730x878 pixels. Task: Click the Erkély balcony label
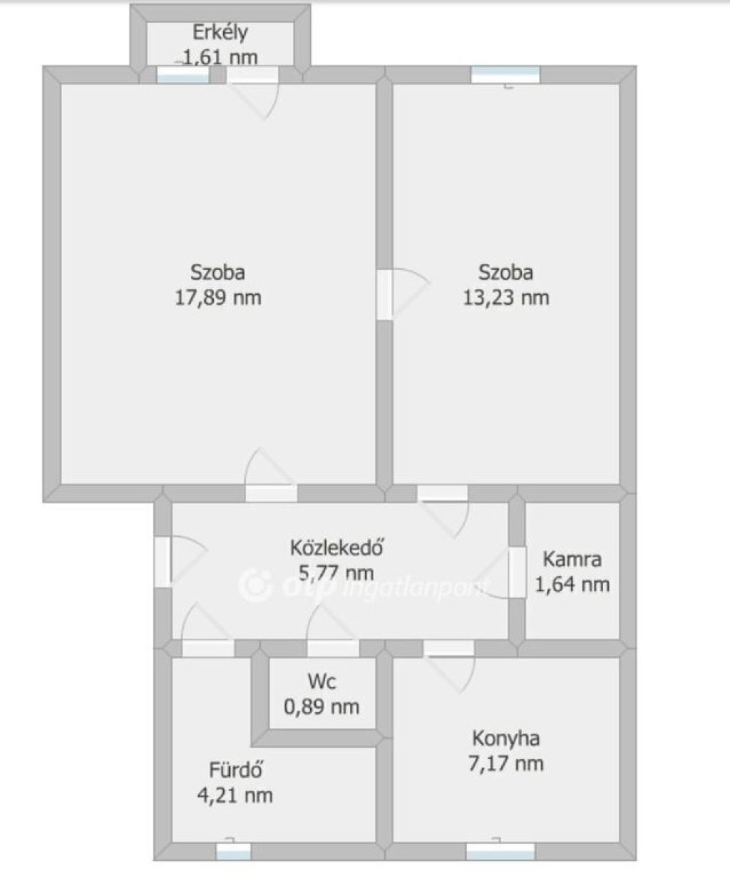click(220, 33)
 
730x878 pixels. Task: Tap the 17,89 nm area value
click(218, 298)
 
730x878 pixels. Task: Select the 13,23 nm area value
click(506, 298)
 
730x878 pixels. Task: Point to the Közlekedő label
click(336, 548)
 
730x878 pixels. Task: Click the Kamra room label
click(572, 559)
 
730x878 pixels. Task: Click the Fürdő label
click(236, 770)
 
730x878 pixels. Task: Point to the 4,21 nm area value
click(235, 795)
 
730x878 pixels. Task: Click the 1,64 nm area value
click(572, 585)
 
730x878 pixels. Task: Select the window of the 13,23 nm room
click(505, 75)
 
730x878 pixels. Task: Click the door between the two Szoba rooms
click(384, 294)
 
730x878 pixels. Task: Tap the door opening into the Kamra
click(518, 573)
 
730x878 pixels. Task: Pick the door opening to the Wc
click(333, 649)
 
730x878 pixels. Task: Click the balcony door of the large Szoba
click(252, 75)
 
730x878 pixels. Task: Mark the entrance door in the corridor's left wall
click(163, 563)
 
